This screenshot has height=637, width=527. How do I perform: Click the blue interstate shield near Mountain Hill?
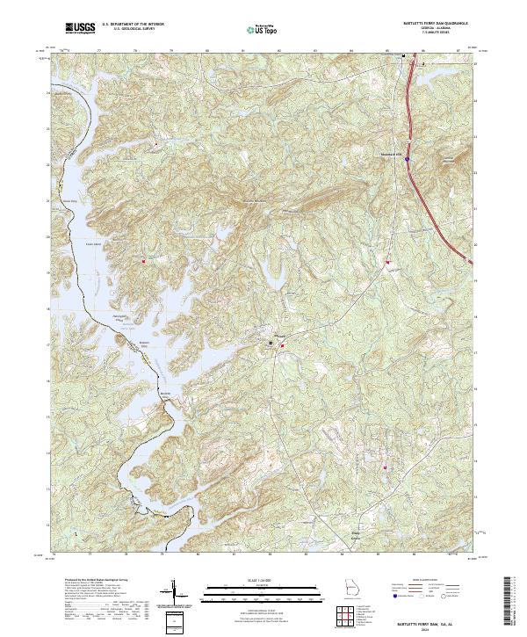pos(408,159)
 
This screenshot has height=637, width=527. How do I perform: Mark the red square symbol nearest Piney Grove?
pos(384,467)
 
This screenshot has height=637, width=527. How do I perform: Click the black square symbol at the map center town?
pos(271,341)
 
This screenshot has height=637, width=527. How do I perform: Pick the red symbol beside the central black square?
pos(281,345)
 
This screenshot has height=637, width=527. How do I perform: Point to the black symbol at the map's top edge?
pos(403,57)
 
